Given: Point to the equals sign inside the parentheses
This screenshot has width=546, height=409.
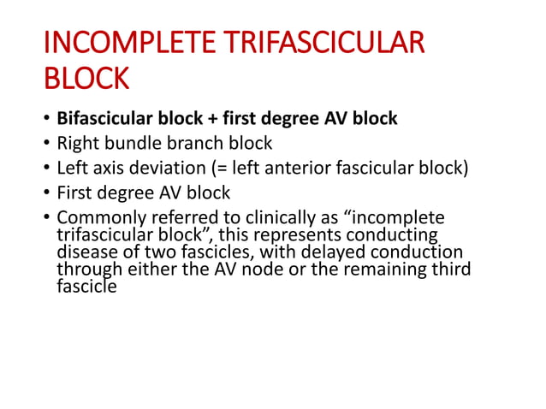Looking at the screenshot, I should pyautogui.click(x=222, y=166).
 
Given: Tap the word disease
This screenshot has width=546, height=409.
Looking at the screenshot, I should pyautogui.click(x=85, y=252).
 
